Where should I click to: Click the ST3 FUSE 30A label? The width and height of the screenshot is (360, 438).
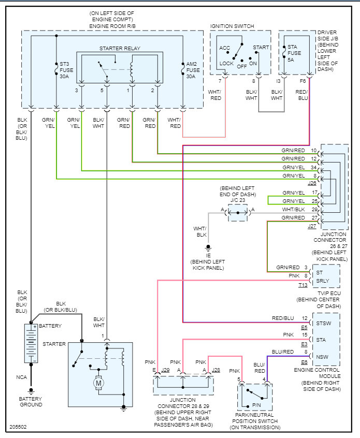(x=65, y=70)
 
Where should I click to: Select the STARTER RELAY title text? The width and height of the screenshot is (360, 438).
(x=120, y=49)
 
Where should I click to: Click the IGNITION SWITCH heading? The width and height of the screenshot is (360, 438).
(x=232, y=26)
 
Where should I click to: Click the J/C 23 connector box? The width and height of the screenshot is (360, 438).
(x=238, y=213)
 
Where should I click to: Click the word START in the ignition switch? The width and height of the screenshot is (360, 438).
(x=261, y=47)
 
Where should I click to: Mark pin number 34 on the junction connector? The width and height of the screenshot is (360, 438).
(x=313, y=168)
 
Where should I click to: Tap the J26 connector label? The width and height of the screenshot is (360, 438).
(x=312, y=183)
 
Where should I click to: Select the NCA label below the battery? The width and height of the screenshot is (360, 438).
(x=21, y=378)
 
